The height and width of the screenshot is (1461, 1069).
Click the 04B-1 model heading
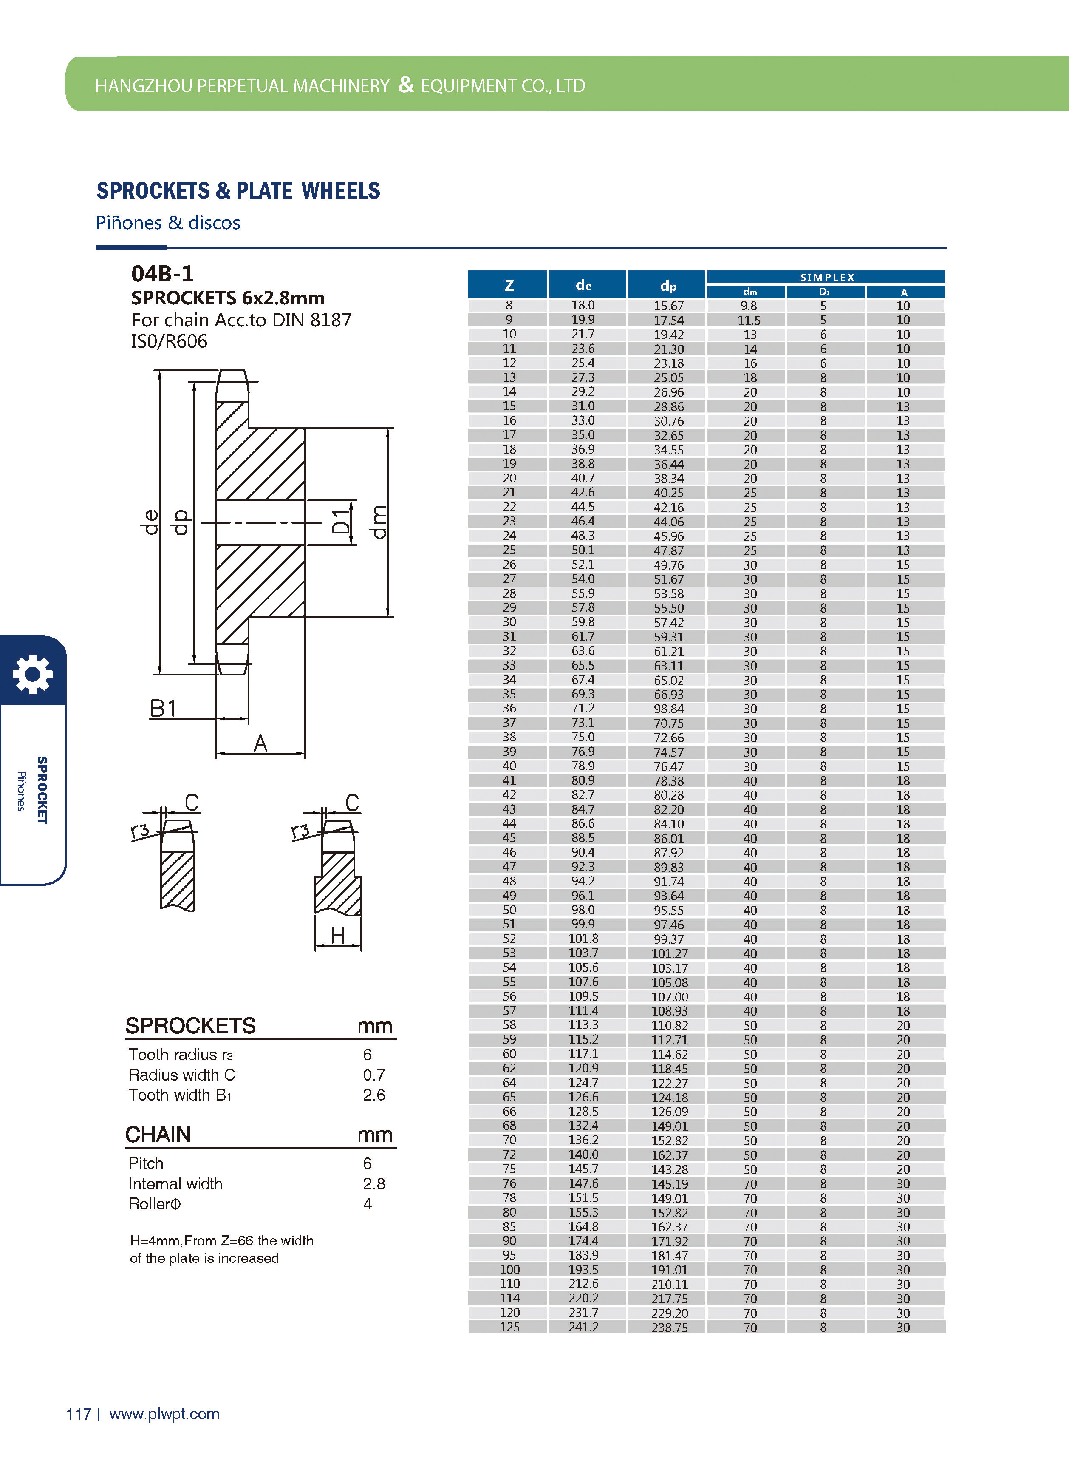(162, 274)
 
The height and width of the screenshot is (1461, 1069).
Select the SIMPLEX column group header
(826, 277)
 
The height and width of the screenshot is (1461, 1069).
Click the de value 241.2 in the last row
(583, 1327)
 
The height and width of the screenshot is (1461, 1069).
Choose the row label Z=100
(509, 1269)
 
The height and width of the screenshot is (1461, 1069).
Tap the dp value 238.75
(669, 1328)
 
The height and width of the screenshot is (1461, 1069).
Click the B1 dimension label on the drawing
(163, 709)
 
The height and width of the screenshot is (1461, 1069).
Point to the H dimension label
(337, 935)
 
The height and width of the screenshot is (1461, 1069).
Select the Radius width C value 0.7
(373, 1075)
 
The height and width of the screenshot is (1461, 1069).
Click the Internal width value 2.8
(373, 1184)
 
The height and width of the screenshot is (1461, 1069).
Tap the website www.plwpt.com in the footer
(164, 1414)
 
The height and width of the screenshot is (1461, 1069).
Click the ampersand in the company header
(406, 84)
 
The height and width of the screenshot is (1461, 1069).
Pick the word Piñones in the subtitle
(128, 223)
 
